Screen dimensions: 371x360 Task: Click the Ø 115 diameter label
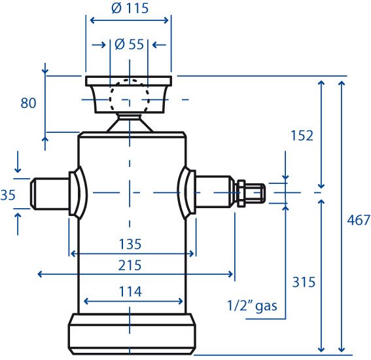[x=130, y=8]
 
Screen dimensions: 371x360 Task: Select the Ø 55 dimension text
[x=129, y=45]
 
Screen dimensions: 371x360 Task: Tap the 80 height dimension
[x=28, y=103]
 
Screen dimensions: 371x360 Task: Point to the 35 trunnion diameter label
[x=8, y=195]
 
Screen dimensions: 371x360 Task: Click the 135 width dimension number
[x=130, y=244]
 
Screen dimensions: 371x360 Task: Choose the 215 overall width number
[x=130, y=265]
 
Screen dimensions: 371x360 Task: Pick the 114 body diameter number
[x=130, y=291]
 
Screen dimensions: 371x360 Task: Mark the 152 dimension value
[x=302, y=135]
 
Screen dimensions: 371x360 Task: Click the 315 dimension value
[x=304, y=282]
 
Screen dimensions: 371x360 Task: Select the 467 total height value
[x=359, y=220]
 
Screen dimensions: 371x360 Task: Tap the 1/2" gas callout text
[x=252, y=306]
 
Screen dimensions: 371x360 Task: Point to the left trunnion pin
[x=50, y=193]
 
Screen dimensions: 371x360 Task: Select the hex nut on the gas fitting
[x=241, y=193]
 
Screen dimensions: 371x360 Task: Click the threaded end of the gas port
[x=255, y=193]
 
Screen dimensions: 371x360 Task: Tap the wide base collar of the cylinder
[x=132, y=334]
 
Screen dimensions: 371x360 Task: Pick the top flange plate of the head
[x=129, y=81]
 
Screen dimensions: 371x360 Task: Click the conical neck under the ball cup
[x=130, y=122]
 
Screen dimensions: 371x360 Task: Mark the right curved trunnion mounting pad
[x=186, y=192]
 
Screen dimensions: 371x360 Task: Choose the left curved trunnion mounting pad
[x=79, y=193]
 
